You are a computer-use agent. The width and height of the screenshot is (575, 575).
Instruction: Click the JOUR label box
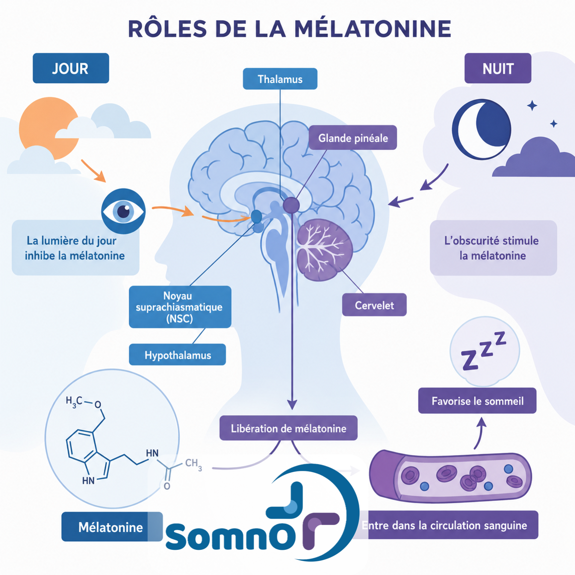(x=71, y=68)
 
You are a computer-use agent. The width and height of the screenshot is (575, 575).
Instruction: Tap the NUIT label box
(x=498, y=68)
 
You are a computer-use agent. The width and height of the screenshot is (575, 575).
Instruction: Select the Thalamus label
(x=280, y=79)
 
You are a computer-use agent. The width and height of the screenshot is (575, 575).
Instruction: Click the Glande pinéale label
(x=353, y=137)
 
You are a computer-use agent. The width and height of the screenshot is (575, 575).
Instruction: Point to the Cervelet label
(x=374, y=305)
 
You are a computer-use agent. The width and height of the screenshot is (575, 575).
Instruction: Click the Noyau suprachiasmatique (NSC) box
(x=180, y=307)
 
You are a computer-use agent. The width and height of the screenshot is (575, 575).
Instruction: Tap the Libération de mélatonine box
(x=288, y=428)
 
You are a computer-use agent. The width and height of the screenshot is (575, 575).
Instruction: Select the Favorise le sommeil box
(x=477, y=401)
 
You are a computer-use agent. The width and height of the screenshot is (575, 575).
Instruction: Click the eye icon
(x=123, y=211)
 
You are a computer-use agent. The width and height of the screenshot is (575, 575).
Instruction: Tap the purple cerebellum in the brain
(x=325, y=250)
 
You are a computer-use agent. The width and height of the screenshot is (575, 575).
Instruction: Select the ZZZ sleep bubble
(x=485, y=351)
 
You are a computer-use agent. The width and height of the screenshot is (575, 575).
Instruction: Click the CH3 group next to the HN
(x=193, y=464)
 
